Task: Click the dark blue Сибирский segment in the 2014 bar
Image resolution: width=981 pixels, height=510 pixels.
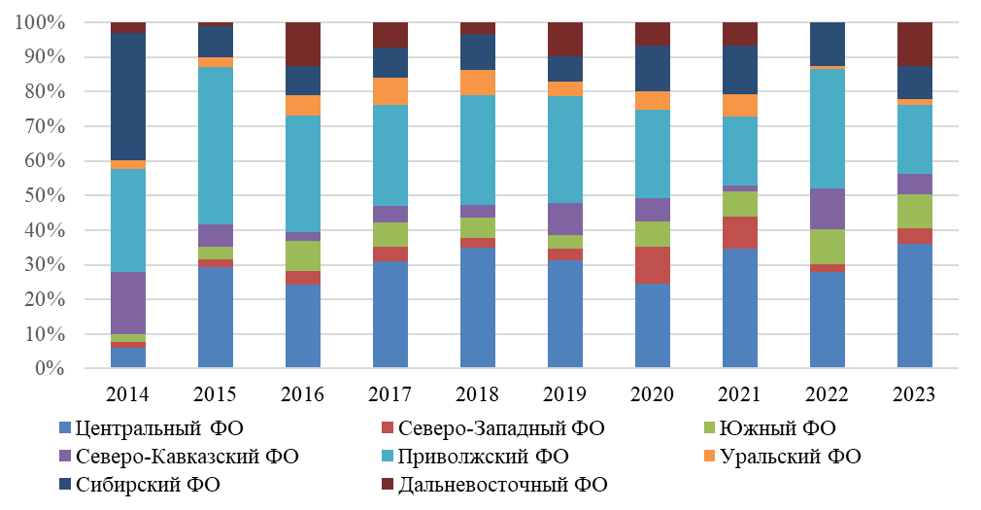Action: (x=128, y=96)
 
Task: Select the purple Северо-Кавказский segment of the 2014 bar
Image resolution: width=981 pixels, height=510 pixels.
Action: (x=128, y=303)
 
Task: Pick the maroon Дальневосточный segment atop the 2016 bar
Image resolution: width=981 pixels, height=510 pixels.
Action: (x=303, y=44)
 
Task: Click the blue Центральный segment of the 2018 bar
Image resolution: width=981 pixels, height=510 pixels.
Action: (x=478, y=309)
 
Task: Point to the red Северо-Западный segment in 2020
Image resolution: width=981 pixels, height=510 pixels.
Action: (x=653, y=265)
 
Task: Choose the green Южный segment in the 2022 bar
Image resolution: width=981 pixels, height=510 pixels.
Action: (x=828, y=247)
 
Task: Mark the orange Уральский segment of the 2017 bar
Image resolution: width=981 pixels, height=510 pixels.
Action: (x=390, y=91)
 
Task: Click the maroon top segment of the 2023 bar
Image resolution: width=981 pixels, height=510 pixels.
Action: (x=915, y=44)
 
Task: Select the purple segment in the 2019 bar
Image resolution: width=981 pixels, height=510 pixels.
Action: (x=565, y=219)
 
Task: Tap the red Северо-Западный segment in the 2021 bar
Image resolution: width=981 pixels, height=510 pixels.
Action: (x=740, y=232)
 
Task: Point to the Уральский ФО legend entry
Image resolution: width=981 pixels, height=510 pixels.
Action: (x=782, y=456)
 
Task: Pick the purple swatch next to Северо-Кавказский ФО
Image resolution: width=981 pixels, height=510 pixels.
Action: (x=65, y=456)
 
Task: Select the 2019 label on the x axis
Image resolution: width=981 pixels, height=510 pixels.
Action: (x=565, y=394)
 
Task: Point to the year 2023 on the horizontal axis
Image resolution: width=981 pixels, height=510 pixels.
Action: (x=915, y=394)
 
